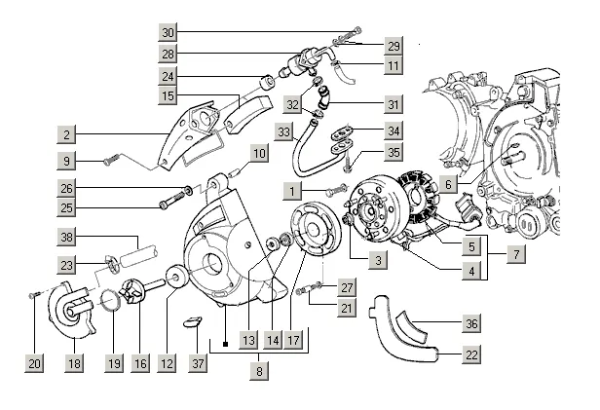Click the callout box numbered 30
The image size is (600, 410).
(x=168, y=32)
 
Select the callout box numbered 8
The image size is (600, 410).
(x=259, y=371)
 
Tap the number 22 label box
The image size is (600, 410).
(x=471, y=354)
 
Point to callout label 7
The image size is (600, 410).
(x=516, y=254)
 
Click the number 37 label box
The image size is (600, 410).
(x=198, y=363)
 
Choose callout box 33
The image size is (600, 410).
(x=284, y=132)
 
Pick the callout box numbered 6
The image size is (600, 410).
(x=448, y=184)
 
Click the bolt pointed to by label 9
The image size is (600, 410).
(x=112, y=159)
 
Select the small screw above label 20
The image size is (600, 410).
(x=34, y=294)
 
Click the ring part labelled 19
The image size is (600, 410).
(x=111, y=301)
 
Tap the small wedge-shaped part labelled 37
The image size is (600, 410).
(x=192, y=322)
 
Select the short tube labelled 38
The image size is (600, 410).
(x=138, y=255)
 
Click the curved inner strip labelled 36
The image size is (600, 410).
(x=411, y=328)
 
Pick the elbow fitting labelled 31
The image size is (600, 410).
(x=323, y=99)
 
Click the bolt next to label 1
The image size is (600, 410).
(x=336, y=190)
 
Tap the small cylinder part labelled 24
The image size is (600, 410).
(x=267, y=82)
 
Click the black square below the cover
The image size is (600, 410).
(x=225, y=344)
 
